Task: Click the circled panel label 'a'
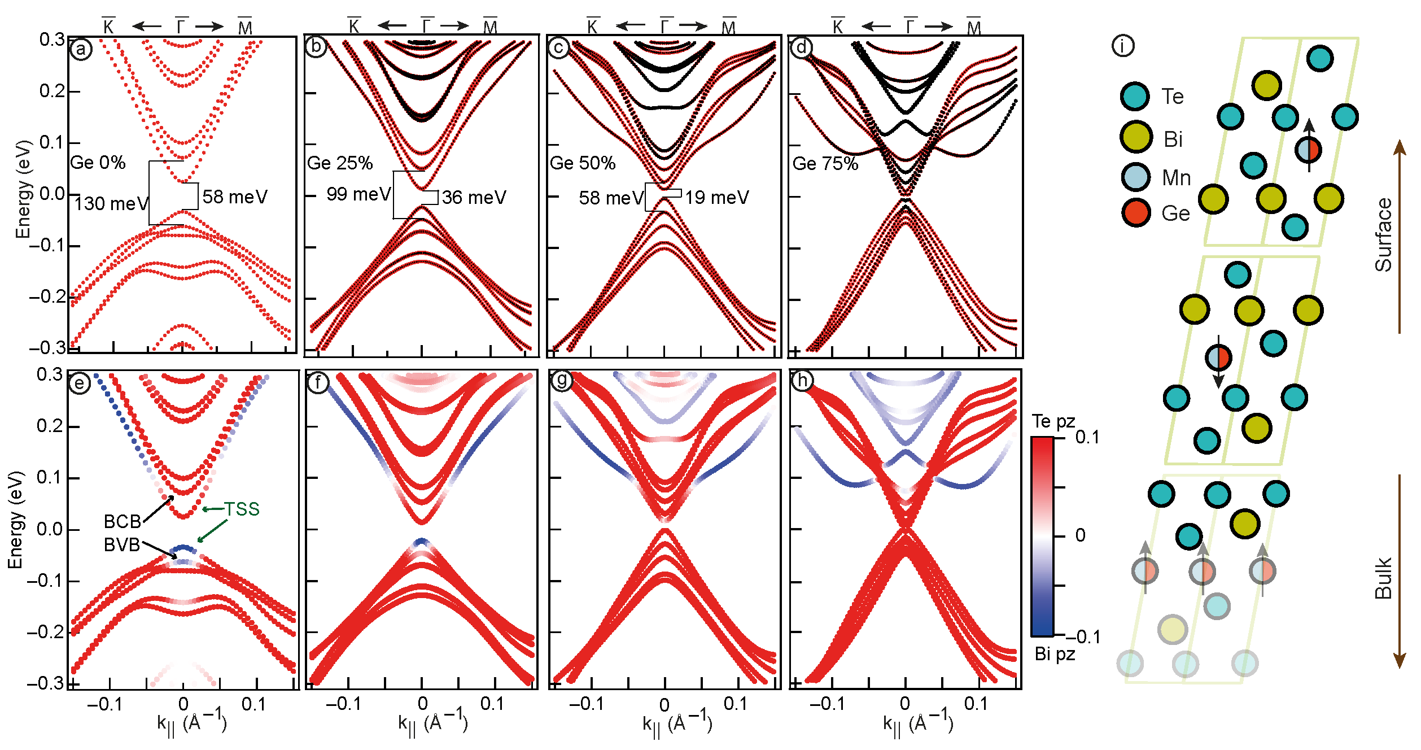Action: (x=81, y=50)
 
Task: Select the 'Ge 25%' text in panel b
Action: (x=339, y=163)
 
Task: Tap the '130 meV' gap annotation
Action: (x=111, y=203)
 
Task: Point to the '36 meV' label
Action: (x=474, y=197)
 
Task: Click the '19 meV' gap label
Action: (x=717, y=197)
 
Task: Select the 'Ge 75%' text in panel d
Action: (x=825, y=164)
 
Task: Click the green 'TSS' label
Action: (x=242, y=509)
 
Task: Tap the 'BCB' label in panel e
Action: (x=123, y=521)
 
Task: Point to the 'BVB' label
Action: (x=122, y=545)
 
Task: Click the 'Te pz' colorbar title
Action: (x=1053, y=422)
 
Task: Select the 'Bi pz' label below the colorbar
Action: (x=1055, y=654)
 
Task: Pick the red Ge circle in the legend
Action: (x=1135, y=212)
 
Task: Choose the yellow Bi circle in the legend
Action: (x=1135, y=137)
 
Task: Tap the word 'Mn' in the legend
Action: (x=1176, y=178)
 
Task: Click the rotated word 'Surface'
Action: (x=1383, y=235)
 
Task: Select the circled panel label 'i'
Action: (x=1122, y=46)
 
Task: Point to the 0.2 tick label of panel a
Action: (x=51, y=91)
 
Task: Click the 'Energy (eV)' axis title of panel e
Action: (x=15, y=520)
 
